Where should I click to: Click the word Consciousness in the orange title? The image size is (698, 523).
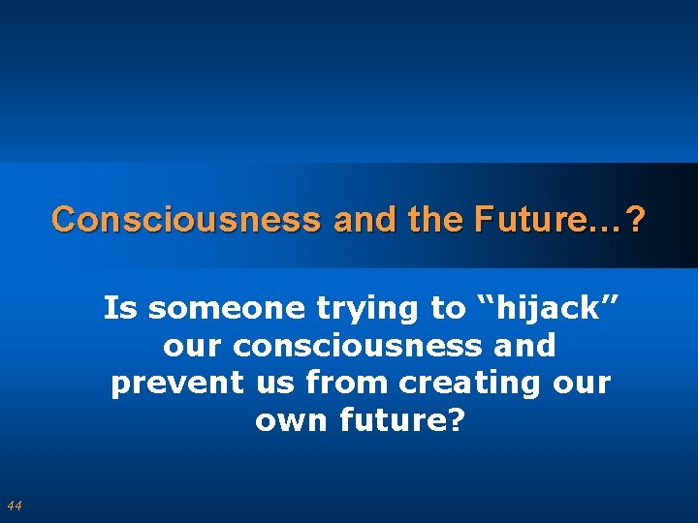coord(185,220)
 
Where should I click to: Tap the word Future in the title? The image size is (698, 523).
coord(534,220)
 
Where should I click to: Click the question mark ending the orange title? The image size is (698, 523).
coord(635,220)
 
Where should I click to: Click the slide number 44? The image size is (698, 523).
coord(14,505)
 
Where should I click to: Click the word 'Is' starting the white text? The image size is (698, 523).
coord(121,309)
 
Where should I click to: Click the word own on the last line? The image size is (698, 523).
coord(288,421)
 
